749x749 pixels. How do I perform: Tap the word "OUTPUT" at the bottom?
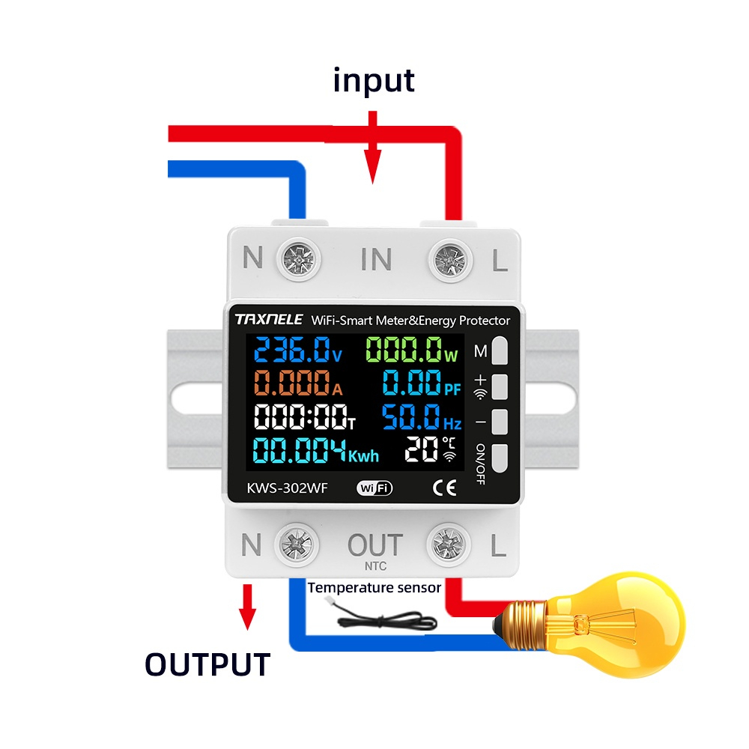(x=207, y=664)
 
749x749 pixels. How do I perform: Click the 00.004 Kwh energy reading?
(x=315, y=452)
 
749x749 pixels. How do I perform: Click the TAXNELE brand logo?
(x=269, y=320)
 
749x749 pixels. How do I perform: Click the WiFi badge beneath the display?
(x=374, y=488)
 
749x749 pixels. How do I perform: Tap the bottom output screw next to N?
(x=297, y=547)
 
